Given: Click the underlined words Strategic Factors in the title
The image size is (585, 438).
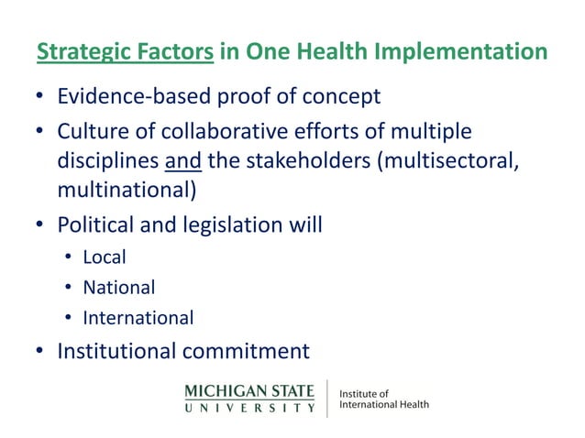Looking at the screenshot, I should tap(126, 52).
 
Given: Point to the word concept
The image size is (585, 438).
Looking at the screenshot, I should tap(339, 96).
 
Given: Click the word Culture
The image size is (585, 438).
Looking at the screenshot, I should tap(91, 133).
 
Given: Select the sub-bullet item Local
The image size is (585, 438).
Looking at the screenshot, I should tap(105, 257).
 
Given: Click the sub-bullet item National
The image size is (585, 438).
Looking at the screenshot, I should tap(119, 288).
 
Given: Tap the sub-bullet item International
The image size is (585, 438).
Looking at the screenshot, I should tap(138, 319).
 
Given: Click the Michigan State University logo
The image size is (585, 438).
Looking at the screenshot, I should tap(249, 398).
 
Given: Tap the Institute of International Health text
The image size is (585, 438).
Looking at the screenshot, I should tap(383, 399).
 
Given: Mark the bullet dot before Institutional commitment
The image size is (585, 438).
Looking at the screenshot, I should tap(40, 351).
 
